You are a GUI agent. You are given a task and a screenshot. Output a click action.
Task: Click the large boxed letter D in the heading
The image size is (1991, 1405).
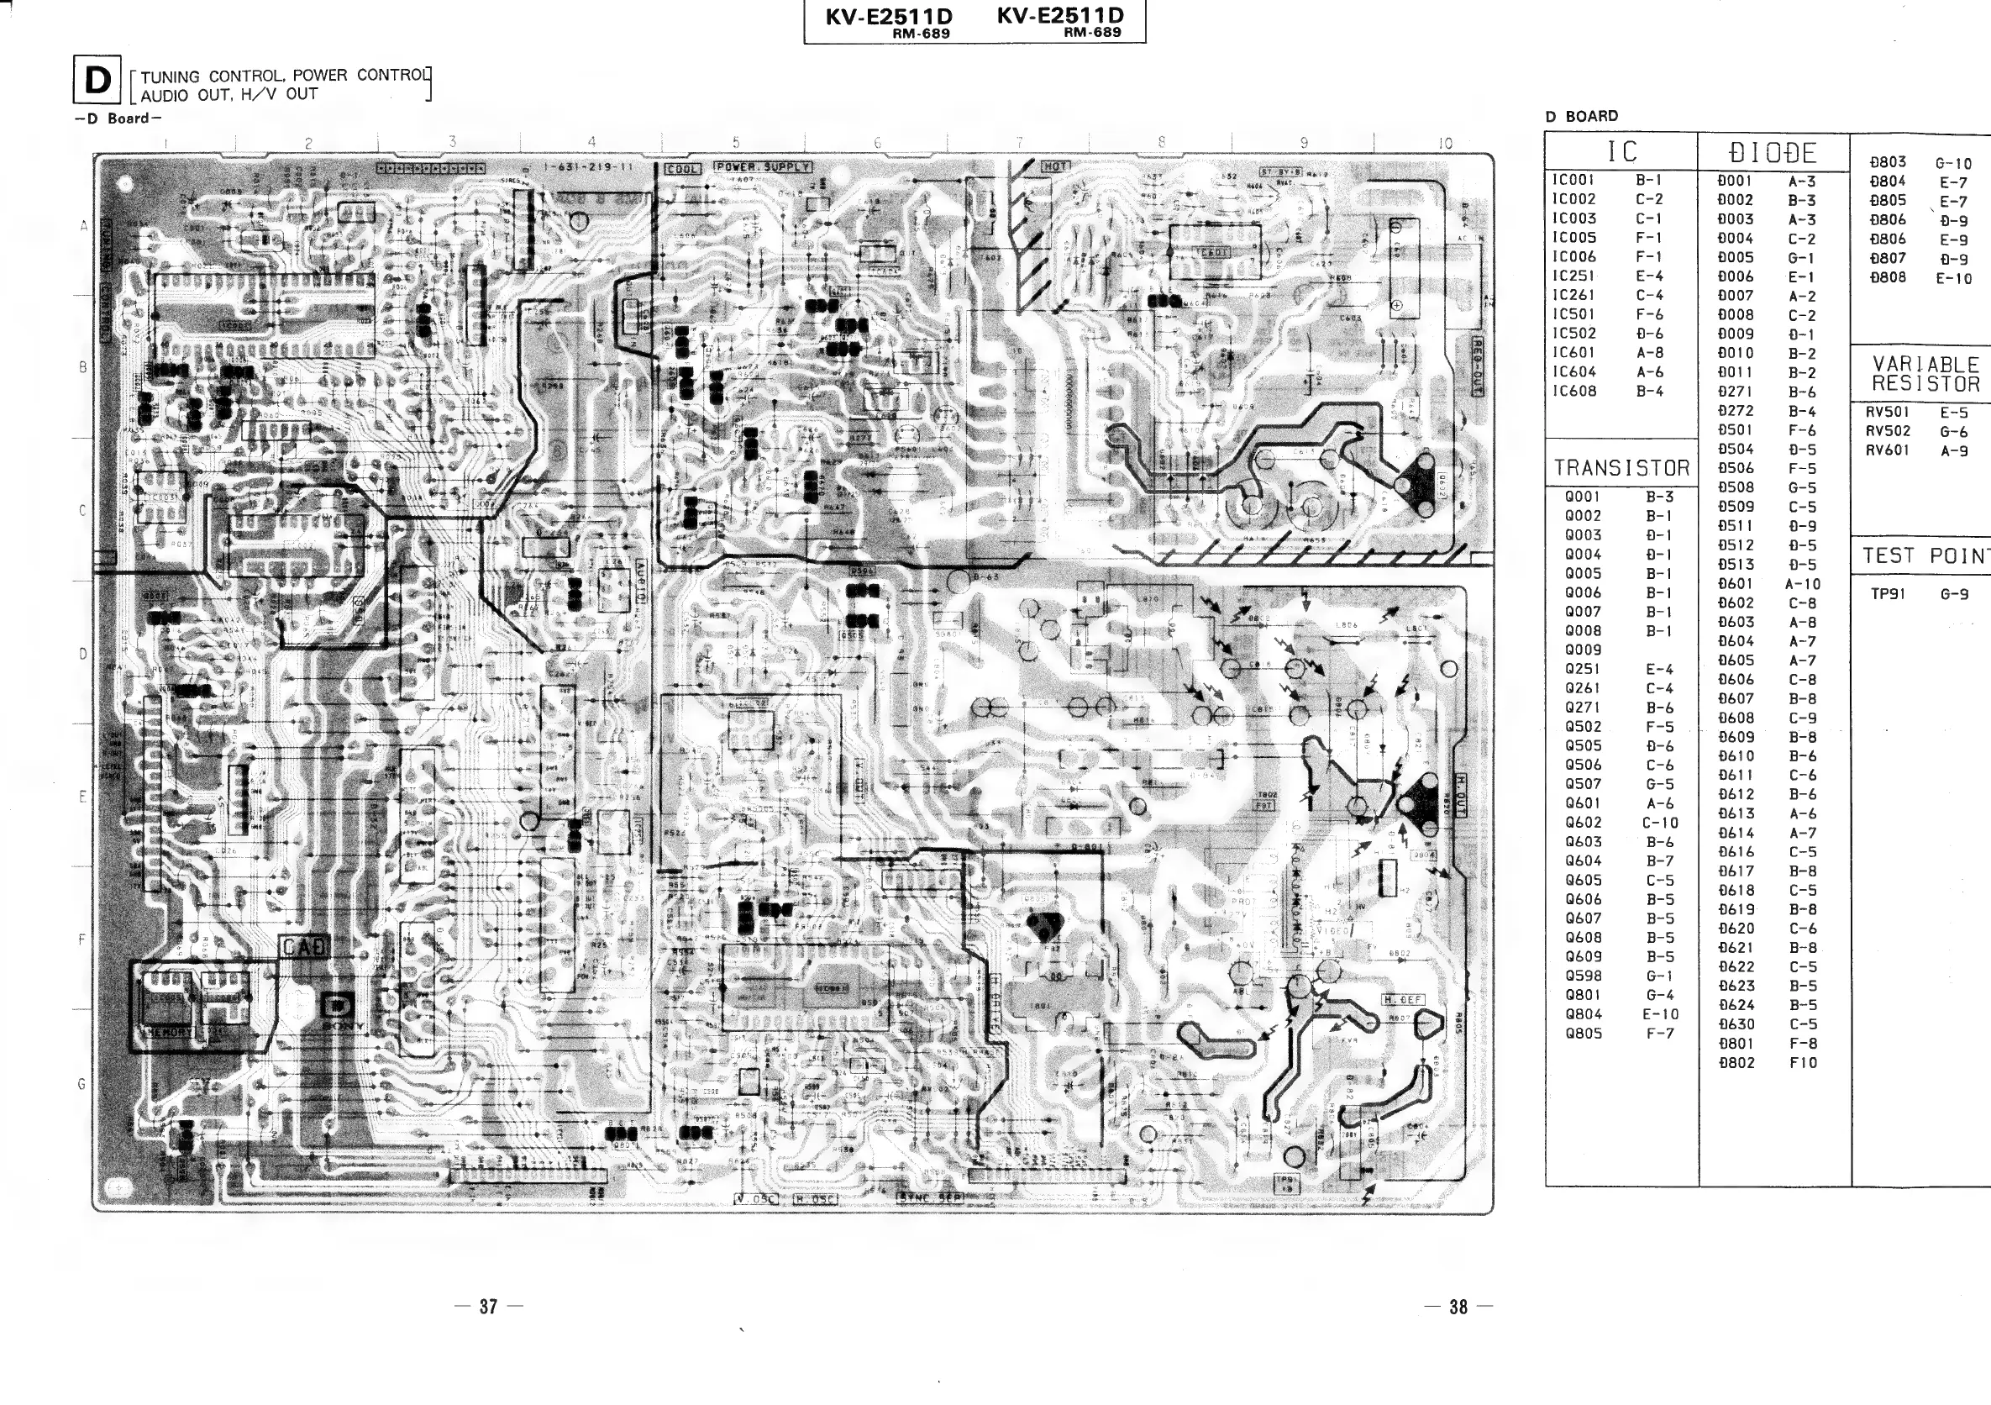coord(97,81)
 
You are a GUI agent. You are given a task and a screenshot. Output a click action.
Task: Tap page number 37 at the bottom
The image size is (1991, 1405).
coord(488,1306)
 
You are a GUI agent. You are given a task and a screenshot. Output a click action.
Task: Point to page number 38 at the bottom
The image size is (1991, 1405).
coord(1458,1306)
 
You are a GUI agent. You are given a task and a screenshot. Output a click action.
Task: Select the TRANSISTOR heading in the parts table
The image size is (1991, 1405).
coord(1621,468)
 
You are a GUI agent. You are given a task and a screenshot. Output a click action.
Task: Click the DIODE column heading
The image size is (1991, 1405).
coord(1773,154)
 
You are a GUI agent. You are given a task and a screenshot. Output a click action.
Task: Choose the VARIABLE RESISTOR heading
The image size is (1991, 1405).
coord(1925,374)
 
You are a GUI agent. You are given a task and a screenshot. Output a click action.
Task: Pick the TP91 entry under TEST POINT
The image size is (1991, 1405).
coord(1887,594)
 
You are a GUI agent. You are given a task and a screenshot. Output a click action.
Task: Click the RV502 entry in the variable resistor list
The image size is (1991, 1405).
coord(1888,431)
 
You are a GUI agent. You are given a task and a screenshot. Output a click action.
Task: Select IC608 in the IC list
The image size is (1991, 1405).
coord(1573,391)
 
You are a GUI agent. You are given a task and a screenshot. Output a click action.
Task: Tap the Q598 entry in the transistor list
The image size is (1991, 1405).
coord(1584,976)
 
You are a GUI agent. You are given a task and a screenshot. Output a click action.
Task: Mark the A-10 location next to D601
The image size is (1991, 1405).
coord(1803,585)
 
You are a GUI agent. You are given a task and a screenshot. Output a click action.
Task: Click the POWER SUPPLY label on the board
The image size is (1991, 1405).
coord(762,166)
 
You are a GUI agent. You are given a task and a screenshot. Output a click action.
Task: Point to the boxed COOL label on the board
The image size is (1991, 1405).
coord(682,168)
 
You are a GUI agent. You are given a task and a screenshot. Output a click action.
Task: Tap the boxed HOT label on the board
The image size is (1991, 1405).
coord(1055,166)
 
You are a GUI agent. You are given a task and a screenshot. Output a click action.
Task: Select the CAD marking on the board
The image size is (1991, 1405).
coord(303,948)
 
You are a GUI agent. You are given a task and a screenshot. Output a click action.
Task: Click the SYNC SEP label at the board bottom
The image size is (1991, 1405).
coord(929,1198)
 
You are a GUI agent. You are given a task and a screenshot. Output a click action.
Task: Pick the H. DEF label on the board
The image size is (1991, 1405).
coord(1402,1000)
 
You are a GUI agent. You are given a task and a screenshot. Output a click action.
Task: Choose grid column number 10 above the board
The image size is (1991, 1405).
coord(1445,144)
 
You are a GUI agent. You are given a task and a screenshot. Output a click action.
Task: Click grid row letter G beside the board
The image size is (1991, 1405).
coord(82,1084)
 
